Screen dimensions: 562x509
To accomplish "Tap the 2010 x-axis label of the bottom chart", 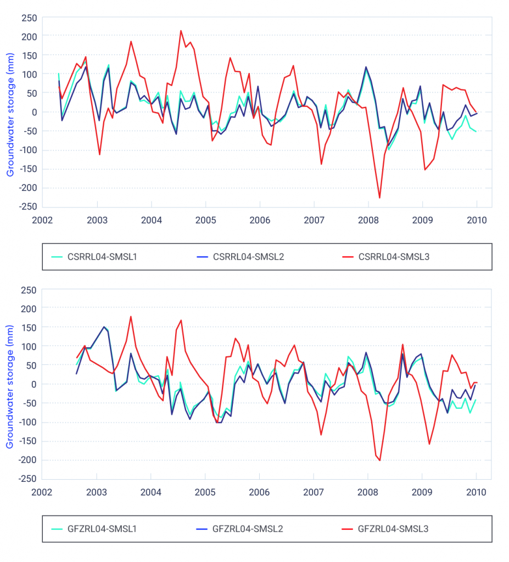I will (x=476, y=492).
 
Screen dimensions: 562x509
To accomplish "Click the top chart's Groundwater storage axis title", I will (x=9, y=112).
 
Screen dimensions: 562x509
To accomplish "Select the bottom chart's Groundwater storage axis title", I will (x=9, y=384).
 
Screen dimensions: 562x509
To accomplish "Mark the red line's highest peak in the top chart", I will (x=181, y=31).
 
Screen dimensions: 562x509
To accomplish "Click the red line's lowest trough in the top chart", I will (x=379, y=198).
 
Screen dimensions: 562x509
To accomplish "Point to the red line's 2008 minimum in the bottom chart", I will (x=379, y=460).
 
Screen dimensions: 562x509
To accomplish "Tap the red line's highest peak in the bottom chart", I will (x=131, y=317).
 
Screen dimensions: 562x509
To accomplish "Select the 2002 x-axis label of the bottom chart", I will (x=43, y=492).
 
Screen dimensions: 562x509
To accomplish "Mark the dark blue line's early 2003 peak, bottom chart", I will (x=104, y=327).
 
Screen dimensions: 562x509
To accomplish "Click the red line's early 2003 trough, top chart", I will (x=99, y=154).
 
